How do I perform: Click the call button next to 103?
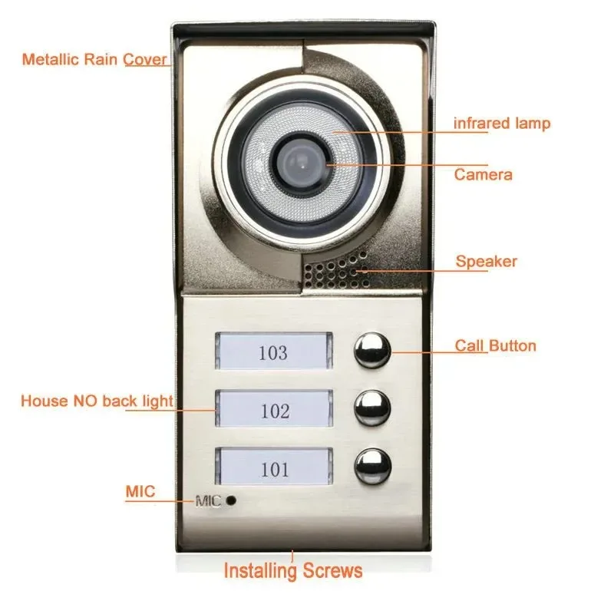pos(371,352)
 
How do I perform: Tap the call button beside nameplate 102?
pos(372,408)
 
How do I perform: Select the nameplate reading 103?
pos(273,353)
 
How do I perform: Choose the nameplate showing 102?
pos(274,410)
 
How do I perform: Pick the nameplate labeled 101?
pos(274,468)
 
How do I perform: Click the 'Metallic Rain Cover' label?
pos(94,59)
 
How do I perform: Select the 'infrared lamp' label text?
pos(501,123)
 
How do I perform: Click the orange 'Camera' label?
pos(483,175)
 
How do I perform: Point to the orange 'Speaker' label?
pos(487,262)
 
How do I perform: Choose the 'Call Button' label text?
pos(495,345)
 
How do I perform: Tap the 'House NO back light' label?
pos(97,401)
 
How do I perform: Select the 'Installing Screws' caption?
pos(293,570)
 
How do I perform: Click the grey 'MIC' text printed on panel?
pos(207,502)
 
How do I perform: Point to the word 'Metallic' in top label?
pos(50,59)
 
